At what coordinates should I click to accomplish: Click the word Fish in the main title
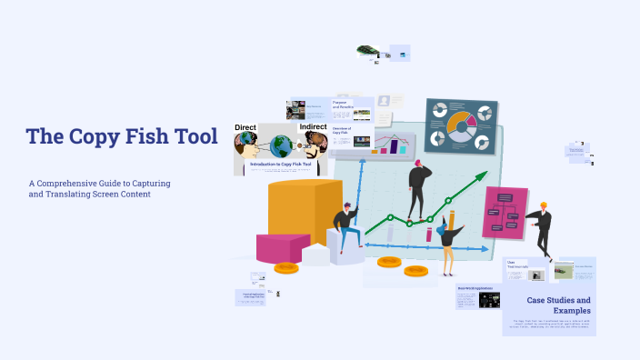tap(140, 137)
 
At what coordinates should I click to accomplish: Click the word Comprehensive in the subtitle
tap(75, 184)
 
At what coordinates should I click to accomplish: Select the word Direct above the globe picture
tap(245, 127)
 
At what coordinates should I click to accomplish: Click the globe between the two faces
tap(282, 146)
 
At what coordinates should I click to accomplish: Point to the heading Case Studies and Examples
tap(558, 305)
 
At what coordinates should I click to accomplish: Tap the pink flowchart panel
tap(505, 213)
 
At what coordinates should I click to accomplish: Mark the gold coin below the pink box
tap(286, 267)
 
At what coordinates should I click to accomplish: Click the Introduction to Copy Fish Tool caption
tap(281, 164)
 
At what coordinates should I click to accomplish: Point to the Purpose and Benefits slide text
tap(343, 105)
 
